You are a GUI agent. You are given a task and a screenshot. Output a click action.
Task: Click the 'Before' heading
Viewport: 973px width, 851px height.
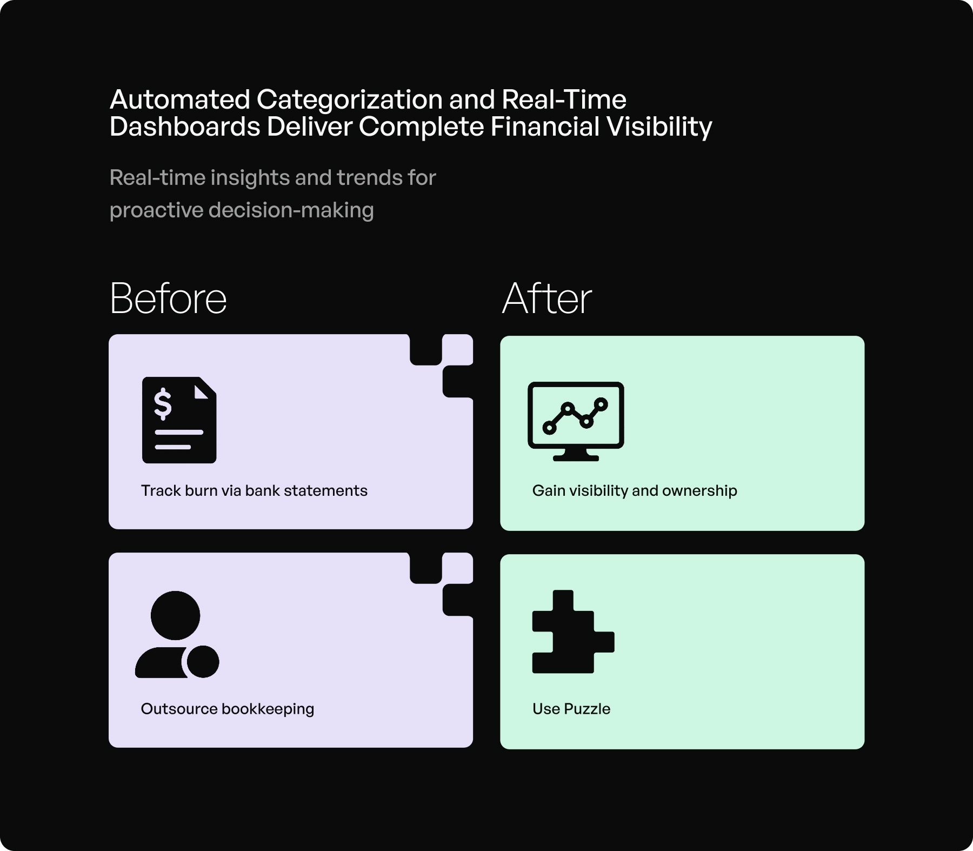tap(168, 298)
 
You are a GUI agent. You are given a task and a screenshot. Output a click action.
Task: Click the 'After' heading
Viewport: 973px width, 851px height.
tap(547, 298)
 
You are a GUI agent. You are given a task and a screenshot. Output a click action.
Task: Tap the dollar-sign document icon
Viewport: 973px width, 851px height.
tap(179, 420)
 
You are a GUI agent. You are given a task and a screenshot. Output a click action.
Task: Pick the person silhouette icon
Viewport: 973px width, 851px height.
tap(176, 635)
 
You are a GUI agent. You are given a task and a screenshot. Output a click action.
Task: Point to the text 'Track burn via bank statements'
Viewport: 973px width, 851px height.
tap(254, 490)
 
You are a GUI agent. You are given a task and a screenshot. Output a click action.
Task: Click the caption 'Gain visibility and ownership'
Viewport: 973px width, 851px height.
tap(635, 490)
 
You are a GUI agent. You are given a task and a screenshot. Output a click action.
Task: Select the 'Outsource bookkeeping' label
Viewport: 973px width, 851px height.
tap(227, 709)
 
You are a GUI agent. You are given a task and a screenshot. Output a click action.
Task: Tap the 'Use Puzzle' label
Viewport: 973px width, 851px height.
tap(571, 709)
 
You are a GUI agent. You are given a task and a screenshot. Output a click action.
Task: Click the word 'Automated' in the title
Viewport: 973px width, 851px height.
tap(180, 99)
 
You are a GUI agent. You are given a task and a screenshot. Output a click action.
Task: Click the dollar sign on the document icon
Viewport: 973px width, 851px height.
tap(163, 404)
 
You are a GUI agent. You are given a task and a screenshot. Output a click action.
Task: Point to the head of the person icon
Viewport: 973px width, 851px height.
tap(175, 615)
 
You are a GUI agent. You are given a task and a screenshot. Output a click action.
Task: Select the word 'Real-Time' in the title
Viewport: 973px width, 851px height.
tap(564, 99)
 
